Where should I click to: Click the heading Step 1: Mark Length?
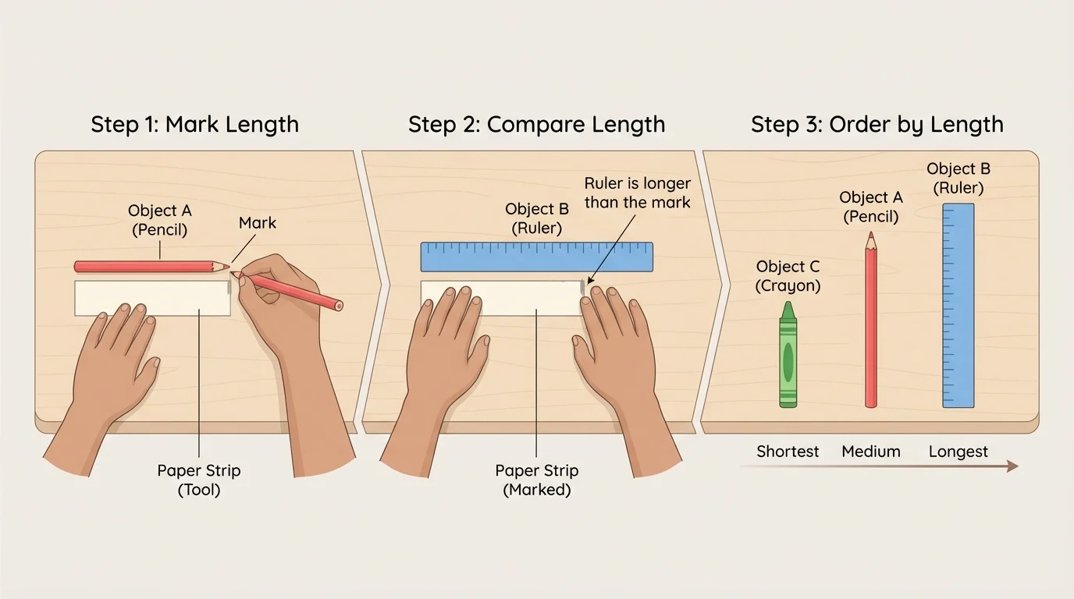(x=194, y=124)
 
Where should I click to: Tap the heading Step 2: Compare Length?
(x=536, y=124)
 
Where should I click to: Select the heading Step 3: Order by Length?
(x=877, y=124)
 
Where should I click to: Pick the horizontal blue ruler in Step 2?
(x=536, y=257)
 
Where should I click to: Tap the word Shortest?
(x=788, y=452)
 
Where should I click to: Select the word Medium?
(x=870, y=452)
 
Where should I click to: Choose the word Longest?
(x=958, y=452)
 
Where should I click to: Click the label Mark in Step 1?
(x=258, y=223)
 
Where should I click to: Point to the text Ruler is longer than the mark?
(x=637, y=193)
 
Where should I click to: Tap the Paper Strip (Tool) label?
(x=199, y=480)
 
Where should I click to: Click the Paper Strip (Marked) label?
(x=536, y=480)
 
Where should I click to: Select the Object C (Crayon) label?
(x=788, y=276)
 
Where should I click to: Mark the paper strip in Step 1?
(x=152, y=298)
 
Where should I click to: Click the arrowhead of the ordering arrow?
(x=1012, y=466)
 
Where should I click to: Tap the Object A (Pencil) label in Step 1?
(x=159, y=220)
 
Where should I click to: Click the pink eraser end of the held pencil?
(x=338, y=305)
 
